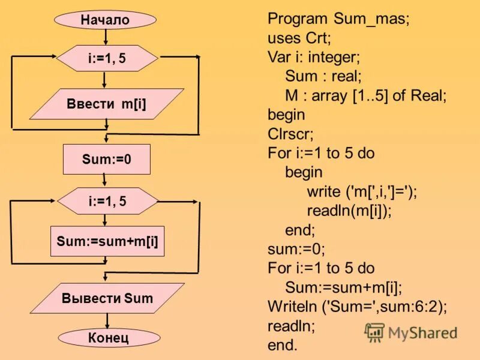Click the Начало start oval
106,20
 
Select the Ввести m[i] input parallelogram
106,104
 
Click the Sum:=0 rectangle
106,160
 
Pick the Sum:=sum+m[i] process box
107,241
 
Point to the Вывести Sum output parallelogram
107,298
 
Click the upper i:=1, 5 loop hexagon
107,58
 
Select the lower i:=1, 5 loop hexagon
107,202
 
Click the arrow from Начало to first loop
106,37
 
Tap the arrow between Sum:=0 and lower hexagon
106,181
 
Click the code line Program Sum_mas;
338,19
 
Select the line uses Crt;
299,38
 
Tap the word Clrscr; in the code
290,133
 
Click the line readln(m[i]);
349,210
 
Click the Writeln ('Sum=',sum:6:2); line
358,307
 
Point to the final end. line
282,345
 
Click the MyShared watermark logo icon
374,332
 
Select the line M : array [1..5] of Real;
366,95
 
